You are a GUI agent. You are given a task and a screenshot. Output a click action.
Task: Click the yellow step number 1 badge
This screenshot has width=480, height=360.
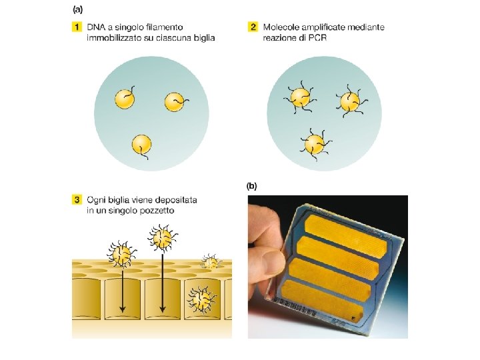tap(77, 27)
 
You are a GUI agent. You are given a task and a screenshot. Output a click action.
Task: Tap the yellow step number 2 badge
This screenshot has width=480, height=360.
tap(253, 27)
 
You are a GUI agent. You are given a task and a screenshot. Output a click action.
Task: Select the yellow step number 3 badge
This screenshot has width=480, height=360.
tap(77, 200)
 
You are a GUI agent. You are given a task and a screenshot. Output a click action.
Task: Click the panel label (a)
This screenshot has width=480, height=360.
tap(78, 9)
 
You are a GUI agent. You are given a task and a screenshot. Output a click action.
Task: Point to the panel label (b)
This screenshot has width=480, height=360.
tap(251, 186)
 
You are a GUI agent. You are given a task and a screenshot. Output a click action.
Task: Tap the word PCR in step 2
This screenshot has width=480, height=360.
tap(317, 38)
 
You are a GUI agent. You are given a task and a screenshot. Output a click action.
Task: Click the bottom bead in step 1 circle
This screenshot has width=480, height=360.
tap(141, 145)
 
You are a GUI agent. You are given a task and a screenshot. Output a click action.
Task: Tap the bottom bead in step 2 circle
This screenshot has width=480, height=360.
tap(315, 144)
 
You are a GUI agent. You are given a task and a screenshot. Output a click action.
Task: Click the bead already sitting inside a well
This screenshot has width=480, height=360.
tap(202, 300)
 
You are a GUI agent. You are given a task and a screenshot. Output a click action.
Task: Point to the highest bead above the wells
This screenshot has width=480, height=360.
tap(163, 238)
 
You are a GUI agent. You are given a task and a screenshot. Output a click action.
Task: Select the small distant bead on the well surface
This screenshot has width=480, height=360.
tap(211, 262)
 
